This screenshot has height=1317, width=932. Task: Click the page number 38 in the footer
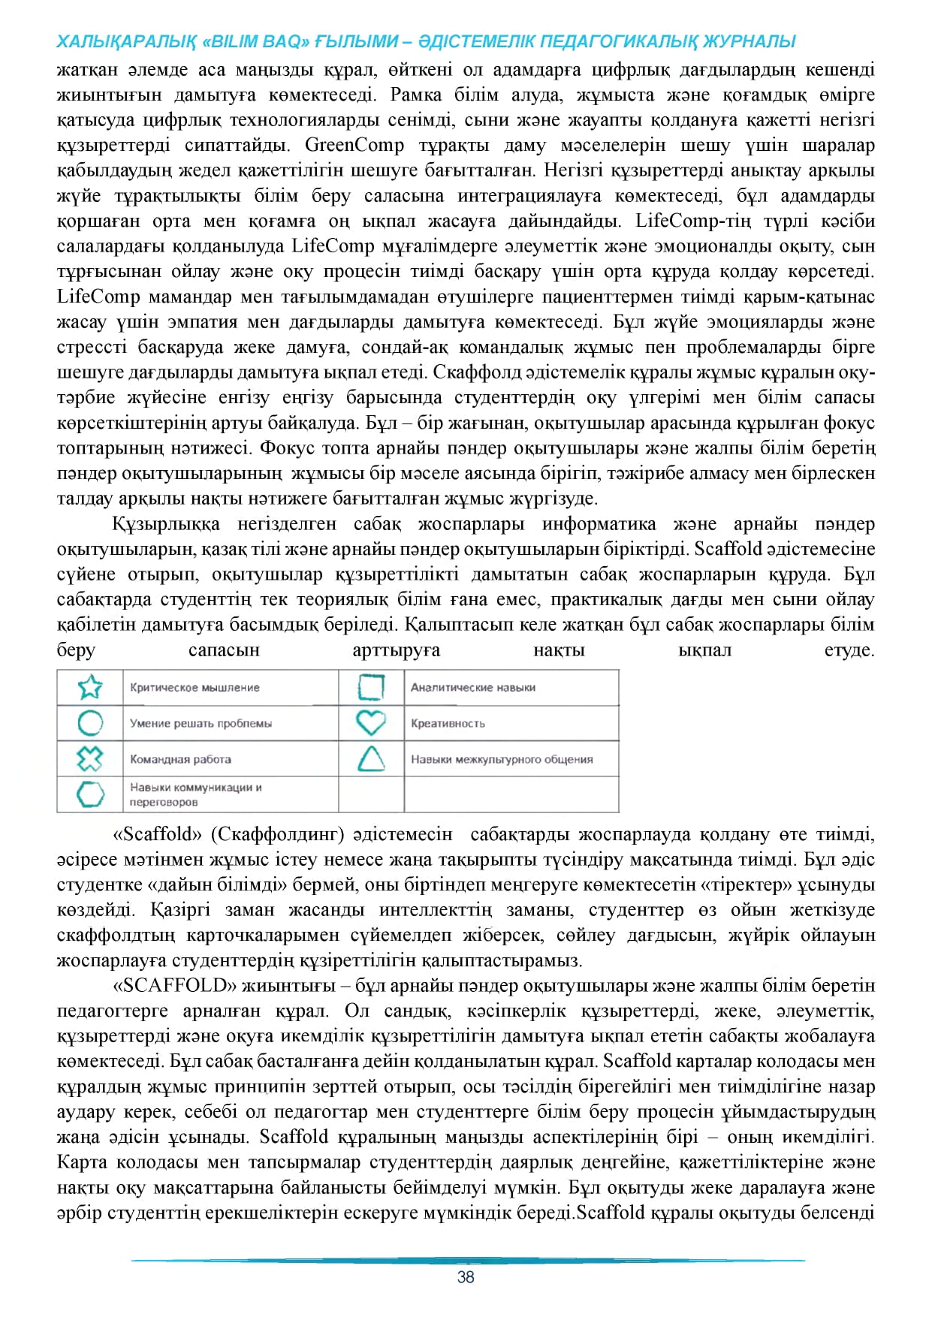(466, 1277)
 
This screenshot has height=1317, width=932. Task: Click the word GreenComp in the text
(354, 145)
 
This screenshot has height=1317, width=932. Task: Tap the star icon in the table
(90, 687)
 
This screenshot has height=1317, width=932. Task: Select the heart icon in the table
(370, 723)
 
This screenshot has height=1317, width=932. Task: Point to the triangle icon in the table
(371, 758)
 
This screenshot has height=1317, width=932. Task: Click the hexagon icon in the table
(90, 794)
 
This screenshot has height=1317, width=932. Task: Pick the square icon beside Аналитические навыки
(370, 687)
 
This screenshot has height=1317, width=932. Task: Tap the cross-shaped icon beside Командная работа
(90, 758)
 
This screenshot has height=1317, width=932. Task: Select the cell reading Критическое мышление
(195, 688)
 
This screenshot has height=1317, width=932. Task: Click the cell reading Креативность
(448, 724)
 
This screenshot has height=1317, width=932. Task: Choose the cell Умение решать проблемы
(201, 724)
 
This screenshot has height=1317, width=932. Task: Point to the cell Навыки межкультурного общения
(502, 759)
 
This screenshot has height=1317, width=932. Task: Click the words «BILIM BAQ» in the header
(256, 42)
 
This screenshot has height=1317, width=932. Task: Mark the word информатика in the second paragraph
(599, 524)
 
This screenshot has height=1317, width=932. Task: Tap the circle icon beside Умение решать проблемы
(90, 723)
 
